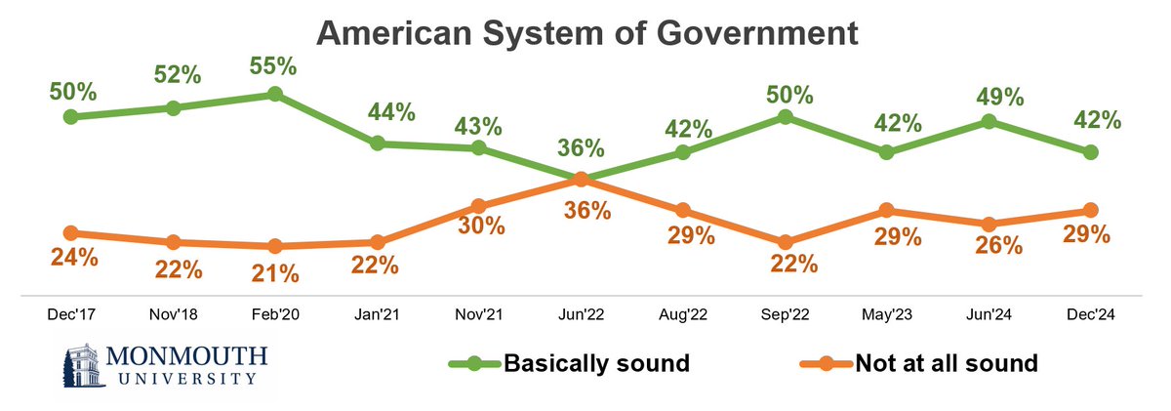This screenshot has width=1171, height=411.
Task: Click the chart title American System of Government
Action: pyautogui.click(x=586, y=35)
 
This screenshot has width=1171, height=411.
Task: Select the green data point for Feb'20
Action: pyautogui.click(x=275, y=94)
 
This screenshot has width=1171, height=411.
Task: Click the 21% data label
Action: pyautogui.click(x=275, y=273)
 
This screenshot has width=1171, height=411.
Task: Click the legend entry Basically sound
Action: pyautogui.click(x=596, y=364)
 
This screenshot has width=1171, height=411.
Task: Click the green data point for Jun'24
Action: pyautogui.click(x=989, y=121)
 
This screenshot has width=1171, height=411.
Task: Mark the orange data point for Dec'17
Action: pyautogui.click(x=71, y=232)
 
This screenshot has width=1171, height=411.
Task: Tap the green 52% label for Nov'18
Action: pyautogui.click(x=174, y=76)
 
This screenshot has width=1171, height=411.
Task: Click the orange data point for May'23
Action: pyautogui.click(x=886, y=210)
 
